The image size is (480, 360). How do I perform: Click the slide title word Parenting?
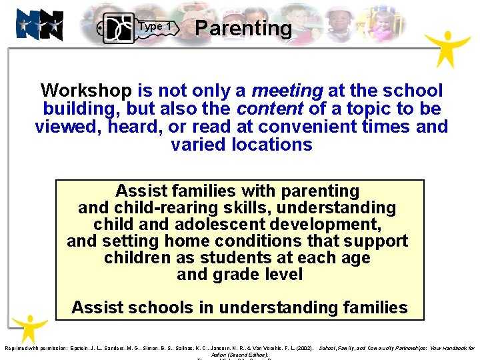click(x=243, y=28)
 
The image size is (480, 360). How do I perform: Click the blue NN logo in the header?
click(x=40, y=25)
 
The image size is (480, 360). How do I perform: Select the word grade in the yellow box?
click(x=238, y=274)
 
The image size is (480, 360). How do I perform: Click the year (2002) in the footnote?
click(x=303, y=349)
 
